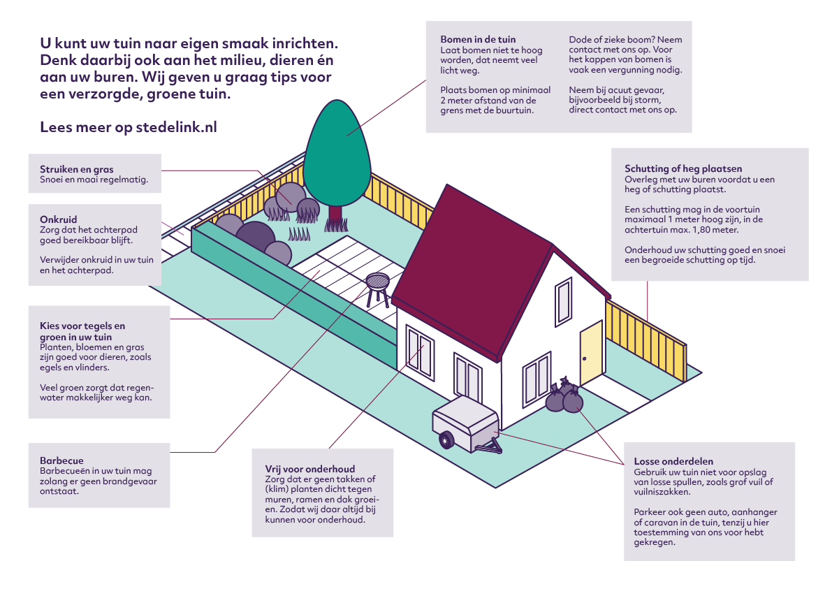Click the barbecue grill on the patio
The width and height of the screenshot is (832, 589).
[x=378, y=283]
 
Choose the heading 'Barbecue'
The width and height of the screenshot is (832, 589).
[x=61, y=461]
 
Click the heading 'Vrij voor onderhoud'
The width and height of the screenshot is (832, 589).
[x=310, y=469]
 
